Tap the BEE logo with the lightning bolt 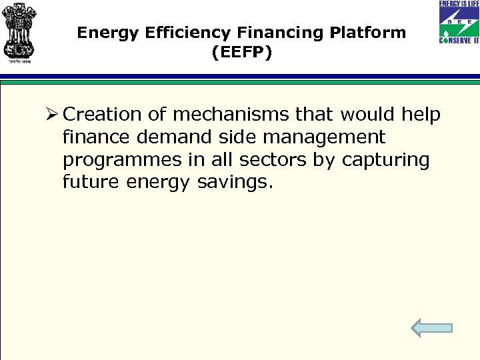click(459, 22)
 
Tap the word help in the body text click(421, 115)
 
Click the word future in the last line click(90, 183)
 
